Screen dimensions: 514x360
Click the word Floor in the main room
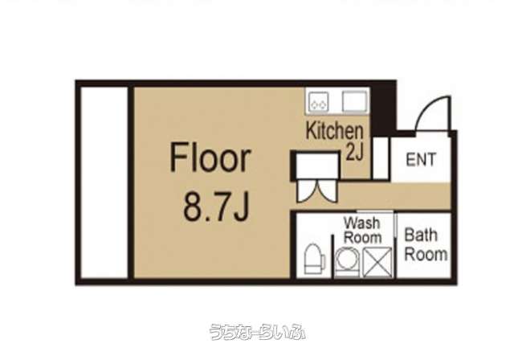click(210, 158)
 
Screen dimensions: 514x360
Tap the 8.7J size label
click(217, 207)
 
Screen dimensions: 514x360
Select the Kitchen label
click(334, 130)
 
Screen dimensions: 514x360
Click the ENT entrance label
click(421, 159)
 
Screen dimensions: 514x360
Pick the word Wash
click(362, 223)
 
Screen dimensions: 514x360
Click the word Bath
click(421, 235)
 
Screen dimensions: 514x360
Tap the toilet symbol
click(315, 259)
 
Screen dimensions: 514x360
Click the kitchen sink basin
click(354, 101)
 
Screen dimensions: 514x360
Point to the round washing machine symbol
click(347, 260)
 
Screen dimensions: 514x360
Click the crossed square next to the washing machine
click(377, 262)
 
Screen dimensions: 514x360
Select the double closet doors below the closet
click(317, 191)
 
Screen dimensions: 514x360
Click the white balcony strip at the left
click(104, 182)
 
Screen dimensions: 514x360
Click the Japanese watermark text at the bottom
click(257, 332)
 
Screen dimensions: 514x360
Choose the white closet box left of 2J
click(317, 166)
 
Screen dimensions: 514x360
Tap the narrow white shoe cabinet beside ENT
click(381, 158)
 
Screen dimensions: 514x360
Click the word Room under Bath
click(426, 254)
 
